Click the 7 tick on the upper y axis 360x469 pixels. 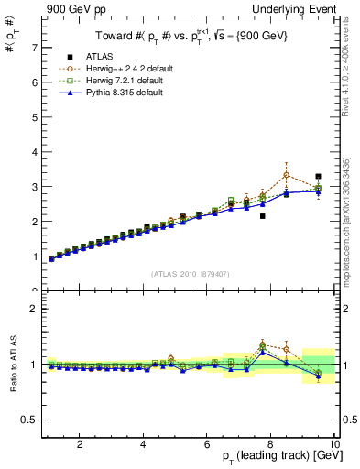(x=35, y=47)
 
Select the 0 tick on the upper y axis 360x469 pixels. (x=35, y=290)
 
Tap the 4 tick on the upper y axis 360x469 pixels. (x=35, y=151)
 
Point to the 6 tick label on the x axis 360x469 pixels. (x=207, y=444)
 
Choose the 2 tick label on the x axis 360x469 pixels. (x=81, y=444)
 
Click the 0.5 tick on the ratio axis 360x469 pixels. (x=30, y=420)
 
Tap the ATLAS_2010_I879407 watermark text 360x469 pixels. (x=190, y=274)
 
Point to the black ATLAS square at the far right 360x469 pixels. (x=318, y=176)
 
